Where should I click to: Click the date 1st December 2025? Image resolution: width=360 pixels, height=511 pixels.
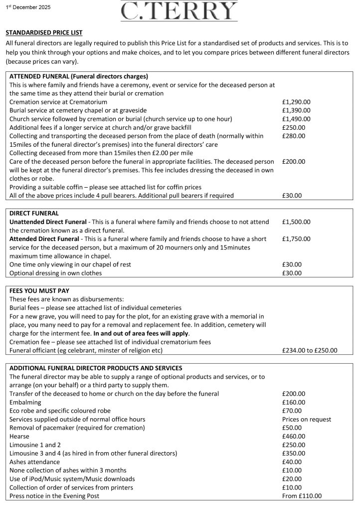click(28, 7)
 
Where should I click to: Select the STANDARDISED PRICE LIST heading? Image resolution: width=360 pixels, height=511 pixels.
click(44, 32)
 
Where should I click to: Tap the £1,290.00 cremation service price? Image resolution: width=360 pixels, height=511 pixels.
click(296, 102)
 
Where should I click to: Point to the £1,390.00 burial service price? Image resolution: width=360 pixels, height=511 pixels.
click(296, 110)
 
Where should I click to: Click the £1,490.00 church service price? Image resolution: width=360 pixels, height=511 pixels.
click(296, 119)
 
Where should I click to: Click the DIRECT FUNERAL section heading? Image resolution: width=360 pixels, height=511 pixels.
click(34, 213)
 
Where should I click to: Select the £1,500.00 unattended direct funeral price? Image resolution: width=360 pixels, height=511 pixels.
click(296, 222)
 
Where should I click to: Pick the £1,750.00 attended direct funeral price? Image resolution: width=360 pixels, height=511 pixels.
click(296, 239)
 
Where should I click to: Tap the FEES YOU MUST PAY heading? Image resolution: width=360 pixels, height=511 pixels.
click(39, 290)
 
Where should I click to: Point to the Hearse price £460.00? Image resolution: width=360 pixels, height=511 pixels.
click(293, 436)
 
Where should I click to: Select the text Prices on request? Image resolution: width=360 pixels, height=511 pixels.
click(306, 419)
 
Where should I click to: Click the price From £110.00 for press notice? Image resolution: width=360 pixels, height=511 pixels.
click(302, 496)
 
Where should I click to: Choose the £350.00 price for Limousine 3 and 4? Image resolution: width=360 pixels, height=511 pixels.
click(293, 453)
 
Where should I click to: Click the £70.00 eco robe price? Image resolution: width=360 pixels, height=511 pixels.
click(291, 411)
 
